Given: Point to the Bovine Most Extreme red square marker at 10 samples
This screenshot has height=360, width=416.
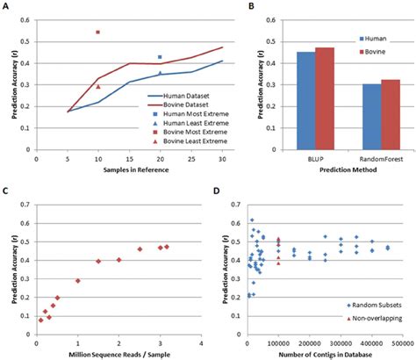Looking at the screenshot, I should coord(97,32).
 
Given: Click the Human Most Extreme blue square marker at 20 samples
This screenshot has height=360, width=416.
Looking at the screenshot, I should coord(160,57).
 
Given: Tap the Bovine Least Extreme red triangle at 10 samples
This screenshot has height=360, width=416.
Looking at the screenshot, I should coord(97,86).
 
